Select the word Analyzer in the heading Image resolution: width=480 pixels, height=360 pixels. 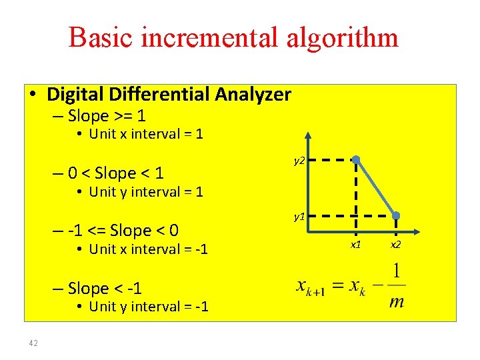point(253,95)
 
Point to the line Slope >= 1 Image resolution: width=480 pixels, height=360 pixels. point(107,116)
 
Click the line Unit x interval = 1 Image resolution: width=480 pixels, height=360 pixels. point(145,134)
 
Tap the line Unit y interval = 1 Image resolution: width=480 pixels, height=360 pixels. point(145,192)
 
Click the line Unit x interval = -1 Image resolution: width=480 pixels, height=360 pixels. point(148,249)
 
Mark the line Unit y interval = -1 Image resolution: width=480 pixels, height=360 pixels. point(148,307)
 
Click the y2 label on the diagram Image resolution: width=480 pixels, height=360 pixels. point(299,161)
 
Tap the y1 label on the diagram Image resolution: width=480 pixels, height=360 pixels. point(299,217)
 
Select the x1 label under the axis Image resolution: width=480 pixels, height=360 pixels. point(356,245)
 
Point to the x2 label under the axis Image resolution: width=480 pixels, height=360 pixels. point(396,245)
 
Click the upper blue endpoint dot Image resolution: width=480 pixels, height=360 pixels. point(357,160)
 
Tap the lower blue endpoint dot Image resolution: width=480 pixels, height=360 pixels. point(396,216)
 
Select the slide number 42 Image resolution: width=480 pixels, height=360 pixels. point(33,343)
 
